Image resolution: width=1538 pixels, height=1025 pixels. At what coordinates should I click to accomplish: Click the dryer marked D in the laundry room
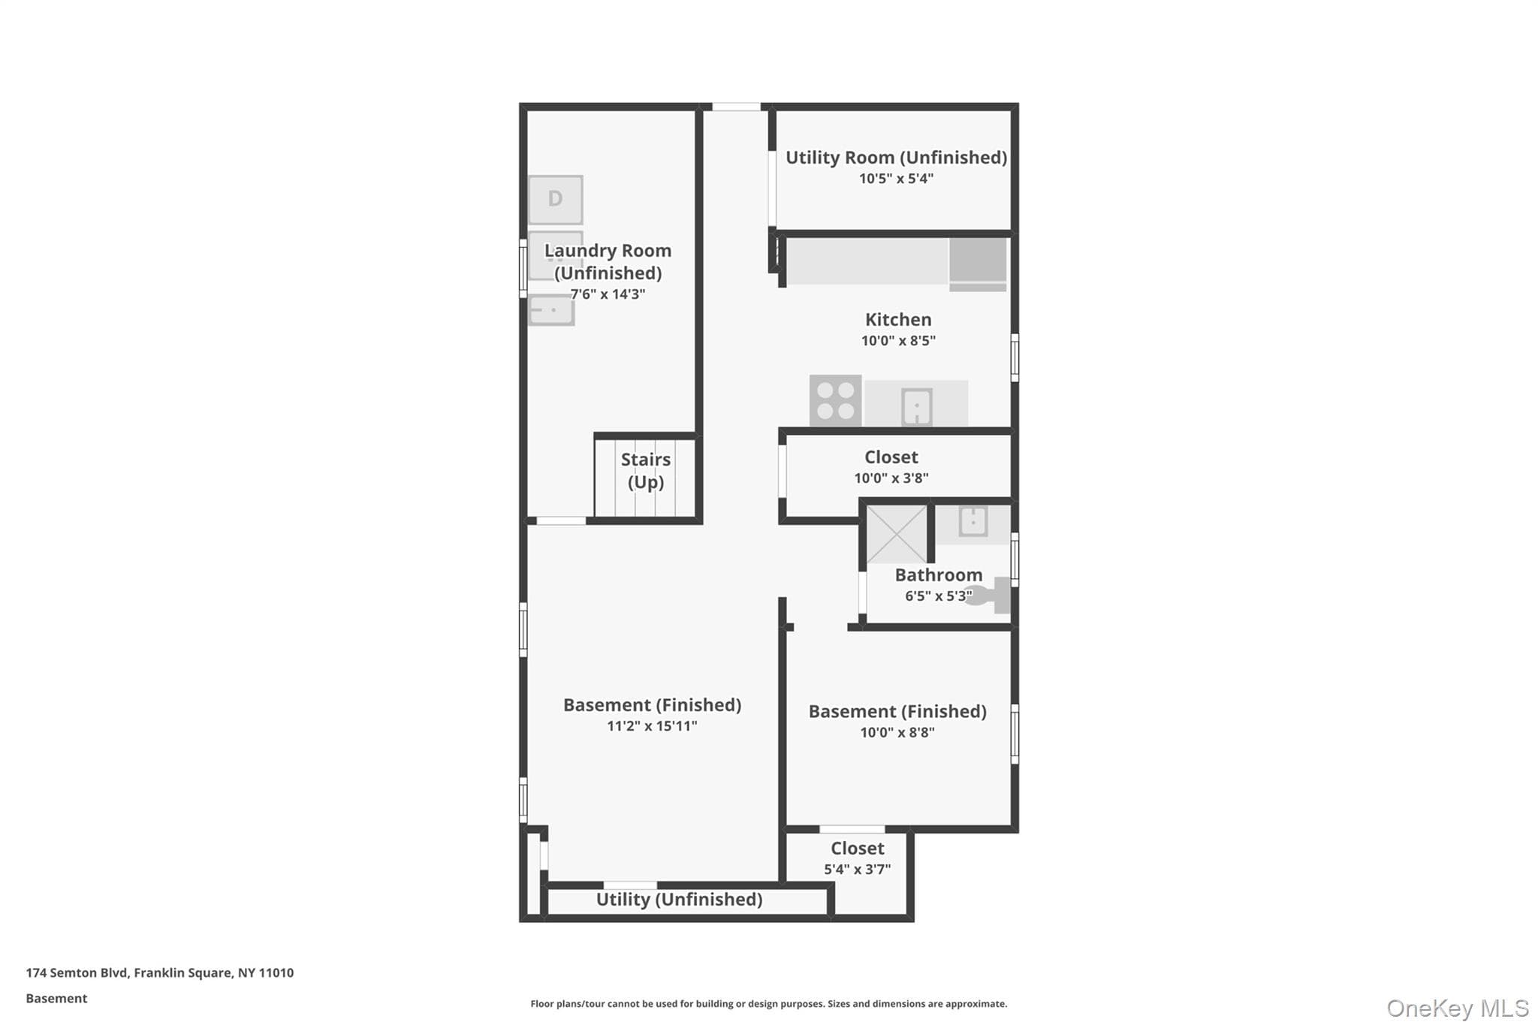pos(555,200)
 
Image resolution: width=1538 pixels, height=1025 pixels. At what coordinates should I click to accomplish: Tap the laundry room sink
pos(552,310)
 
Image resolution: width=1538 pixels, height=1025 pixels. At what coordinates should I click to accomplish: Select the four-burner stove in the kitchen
pos(835,401)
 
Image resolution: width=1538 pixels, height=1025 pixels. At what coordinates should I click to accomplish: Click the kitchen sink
pos(917,406)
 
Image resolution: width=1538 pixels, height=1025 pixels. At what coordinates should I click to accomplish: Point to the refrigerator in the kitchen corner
pos(978,264)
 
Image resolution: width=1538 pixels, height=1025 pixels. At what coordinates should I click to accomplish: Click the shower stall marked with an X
pos(897,534)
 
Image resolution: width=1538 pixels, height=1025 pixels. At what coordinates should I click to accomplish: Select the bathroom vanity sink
pos(973,521)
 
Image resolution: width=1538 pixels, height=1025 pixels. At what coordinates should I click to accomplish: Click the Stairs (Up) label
pos(646,471)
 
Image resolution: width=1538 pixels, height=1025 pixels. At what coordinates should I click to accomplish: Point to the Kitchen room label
pos(898,319)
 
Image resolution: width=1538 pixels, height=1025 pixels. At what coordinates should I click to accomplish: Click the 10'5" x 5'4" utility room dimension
pos(897,179)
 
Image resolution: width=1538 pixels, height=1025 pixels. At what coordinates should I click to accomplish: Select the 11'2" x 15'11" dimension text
pos(652,726)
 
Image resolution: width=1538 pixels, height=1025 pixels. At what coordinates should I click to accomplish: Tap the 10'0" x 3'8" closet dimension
pos(891,478)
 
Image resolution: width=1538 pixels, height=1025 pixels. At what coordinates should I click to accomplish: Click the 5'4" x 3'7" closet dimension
pos(858,870)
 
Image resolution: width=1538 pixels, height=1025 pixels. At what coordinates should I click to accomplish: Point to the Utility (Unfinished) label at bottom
pos(680,900)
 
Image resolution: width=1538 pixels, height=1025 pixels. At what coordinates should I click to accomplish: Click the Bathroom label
pos(939,575)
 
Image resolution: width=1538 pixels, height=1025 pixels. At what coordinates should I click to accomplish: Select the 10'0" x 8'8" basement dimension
pos(897,733)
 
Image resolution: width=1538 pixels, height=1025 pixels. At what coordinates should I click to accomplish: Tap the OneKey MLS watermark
pos(1458,1008)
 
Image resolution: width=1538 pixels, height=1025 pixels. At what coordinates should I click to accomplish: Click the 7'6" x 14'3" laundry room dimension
pos(608,294)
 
